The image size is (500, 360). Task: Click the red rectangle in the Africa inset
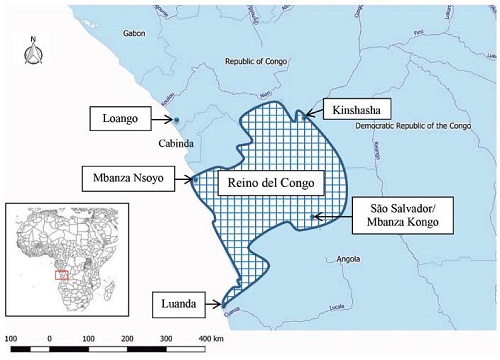click(62, 271)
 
